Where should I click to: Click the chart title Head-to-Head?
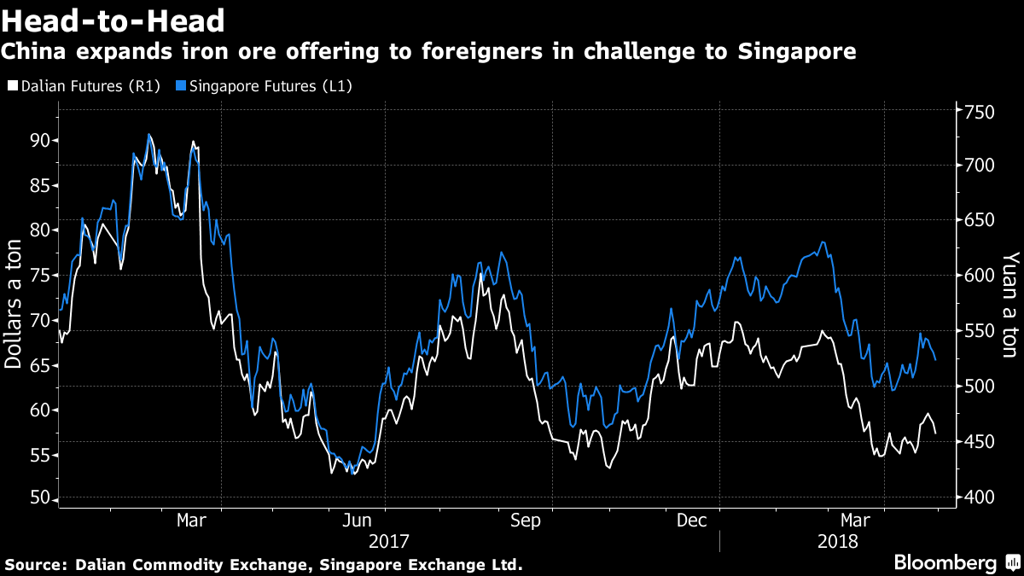tap(113, 20)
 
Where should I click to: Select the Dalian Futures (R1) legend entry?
tap(84, 86)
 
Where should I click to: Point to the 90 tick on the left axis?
tap(39, 141)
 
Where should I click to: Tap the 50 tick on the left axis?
tap(39, 499)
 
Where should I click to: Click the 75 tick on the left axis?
tap(39, 276)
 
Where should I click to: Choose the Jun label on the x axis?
tap(357, 520)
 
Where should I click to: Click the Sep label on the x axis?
tap(526, 520)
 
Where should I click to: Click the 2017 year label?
tap(389, 541)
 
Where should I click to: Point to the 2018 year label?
tap(838, 541)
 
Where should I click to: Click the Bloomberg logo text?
tap(945, 563)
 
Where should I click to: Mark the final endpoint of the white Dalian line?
tap(936, 433)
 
